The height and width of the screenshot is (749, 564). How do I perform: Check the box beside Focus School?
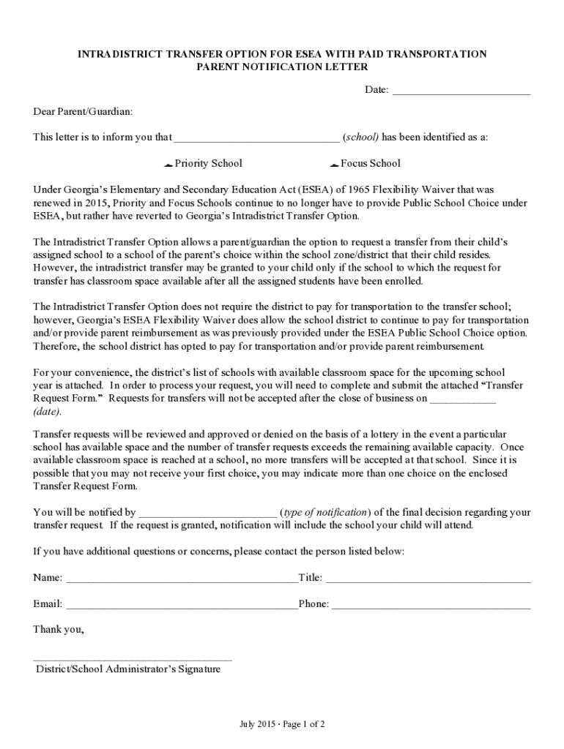(334, 164)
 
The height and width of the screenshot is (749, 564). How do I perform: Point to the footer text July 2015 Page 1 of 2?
(282, 724)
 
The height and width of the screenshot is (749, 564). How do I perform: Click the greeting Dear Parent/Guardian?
(83, 111)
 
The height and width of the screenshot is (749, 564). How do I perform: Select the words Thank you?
(59, 629)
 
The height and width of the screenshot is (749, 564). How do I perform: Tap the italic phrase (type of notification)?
(326, 512)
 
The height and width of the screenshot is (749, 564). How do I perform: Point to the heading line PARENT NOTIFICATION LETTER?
(282, 67)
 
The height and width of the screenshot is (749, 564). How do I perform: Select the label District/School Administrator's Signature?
(128, 669)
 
